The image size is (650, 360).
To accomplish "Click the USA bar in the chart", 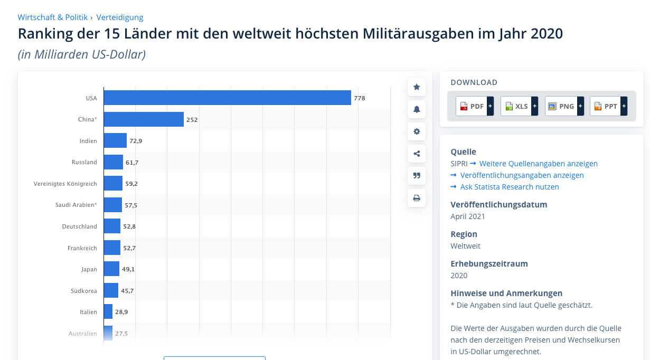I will point(227,98).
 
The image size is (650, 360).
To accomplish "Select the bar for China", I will point(144,119).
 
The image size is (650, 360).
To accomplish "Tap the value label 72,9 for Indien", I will point(136,141).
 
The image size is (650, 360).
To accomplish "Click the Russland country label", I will point(84,162).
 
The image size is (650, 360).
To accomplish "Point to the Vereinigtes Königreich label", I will point(65,184).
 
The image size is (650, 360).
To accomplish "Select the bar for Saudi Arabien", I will point(113,205).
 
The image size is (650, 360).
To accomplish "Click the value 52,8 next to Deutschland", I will point(129,226).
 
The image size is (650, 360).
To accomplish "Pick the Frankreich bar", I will point(112,248).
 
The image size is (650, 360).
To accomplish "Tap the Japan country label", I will point(89,269).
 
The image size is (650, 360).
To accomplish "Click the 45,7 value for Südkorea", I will point(127,290).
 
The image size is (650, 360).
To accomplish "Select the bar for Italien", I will point(108,312).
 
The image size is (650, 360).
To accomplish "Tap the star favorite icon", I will point(417,87).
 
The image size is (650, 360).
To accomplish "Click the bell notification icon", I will point(417,109).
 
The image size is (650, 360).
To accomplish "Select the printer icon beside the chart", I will point(417,198).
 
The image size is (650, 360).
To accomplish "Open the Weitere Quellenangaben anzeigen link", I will point(538,164).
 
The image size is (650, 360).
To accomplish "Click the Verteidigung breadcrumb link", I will point(120,17).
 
